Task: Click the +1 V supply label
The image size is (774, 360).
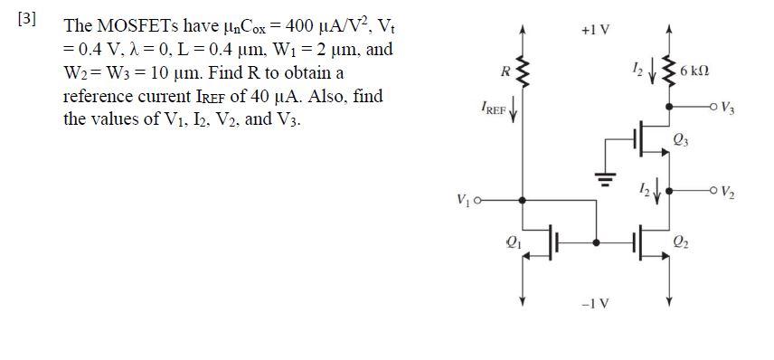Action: pos(597,30)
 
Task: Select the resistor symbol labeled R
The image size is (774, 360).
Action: pos(522,71)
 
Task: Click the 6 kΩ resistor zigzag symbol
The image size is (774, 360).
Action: pos(669,71)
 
